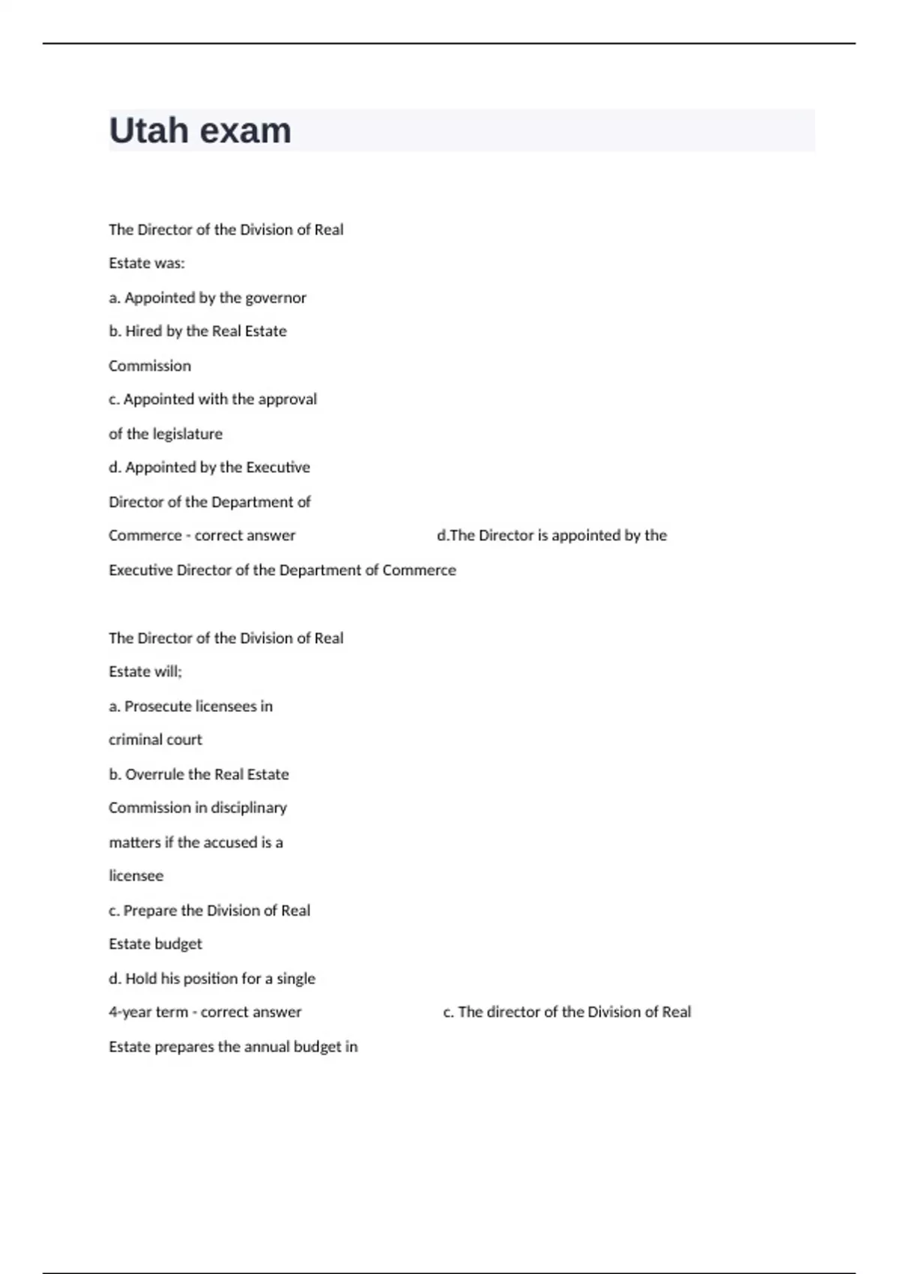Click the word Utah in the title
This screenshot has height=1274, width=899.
click(x=148, y=130)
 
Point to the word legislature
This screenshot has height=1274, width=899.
click(x=187, y=434)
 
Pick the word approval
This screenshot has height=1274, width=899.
click(x=287, y=399)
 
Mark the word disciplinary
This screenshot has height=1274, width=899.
click(x=249, y=808)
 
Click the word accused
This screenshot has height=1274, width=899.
click(x=230, y=842)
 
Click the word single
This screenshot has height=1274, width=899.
click(x=296, y=979)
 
